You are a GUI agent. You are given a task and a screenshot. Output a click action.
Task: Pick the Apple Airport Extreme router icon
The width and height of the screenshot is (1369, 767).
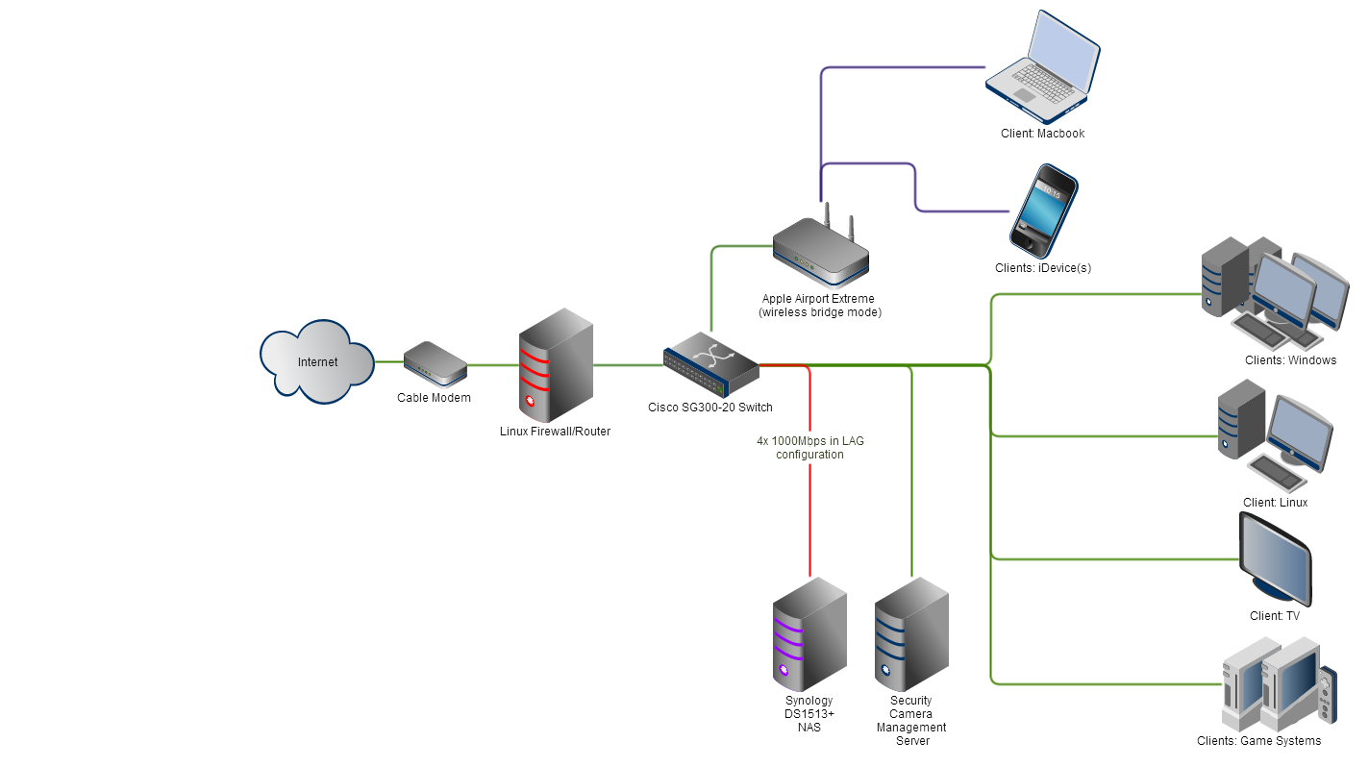(x=820, y=252)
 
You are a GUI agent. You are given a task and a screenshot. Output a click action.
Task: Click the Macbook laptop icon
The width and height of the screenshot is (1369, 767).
(x=1043, y=67)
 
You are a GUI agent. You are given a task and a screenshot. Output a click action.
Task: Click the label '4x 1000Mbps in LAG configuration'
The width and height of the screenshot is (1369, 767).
(x=809, y=448)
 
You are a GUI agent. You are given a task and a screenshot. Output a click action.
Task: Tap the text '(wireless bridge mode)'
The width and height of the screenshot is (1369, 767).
(x=819, y=312)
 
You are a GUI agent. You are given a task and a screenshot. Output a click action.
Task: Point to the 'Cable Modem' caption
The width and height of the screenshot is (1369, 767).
(x=434, y=398)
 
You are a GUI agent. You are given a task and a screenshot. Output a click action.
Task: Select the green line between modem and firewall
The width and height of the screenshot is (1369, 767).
(x=492, y=365)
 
